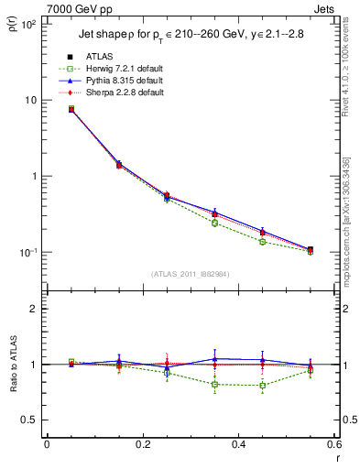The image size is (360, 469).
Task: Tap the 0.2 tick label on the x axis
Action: click(x=142, y=445)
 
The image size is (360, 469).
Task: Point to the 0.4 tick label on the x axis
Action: click(x=238, y=445)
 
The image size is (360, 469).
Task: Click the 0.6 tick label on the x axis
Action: click(x=333, y=445)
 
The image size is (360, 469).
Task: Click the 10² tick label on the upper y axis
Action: click(x=28, y=24)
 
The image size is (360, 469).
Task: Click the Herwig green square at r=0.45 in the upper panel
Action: click(x=263, y=242)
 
